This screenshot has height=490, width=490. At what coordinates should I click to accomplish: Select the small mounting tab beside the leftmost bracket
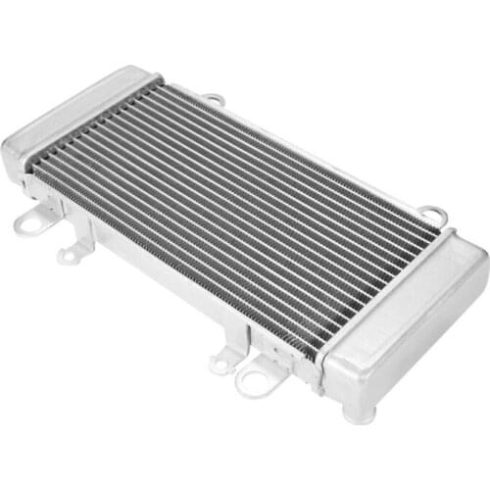coord(69,256)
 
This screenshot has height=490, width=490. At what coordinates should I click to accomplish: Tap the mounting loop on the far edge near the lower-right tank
coord(432,214)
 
